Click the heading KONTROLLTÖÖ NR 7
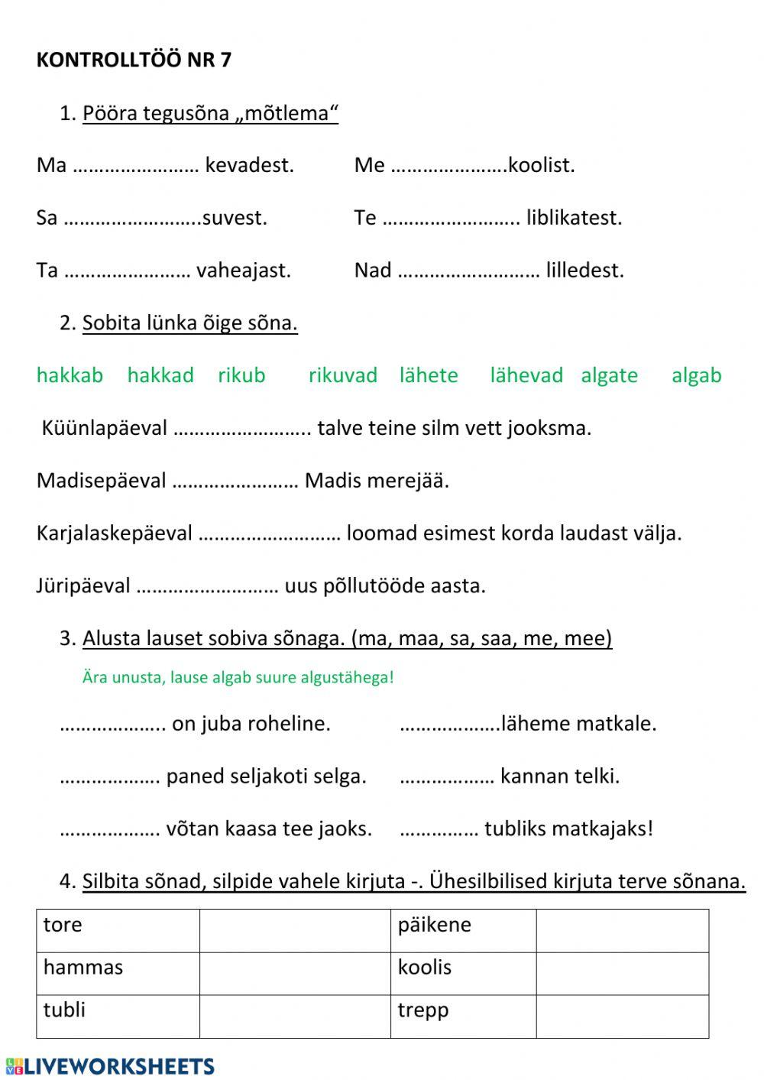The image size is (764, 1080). click(x=134, y=60)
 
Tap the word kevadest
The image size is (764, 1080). click(x=249, y=165)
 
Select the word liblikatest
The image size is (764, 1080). click(x=574, y=218)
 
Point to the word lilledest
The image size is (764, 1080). click(x=584, y=271)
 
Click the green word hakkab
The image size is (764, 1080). click(x=70, y=375)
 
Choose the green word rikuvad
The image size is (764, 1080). click(x=342, y=375)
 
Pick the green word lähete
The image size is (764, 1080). click(x=429, y=375)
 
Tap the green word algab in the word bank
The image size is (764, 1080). click(x=696, y=375)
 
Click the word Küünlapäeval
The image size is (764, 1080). click(x=105, y=428)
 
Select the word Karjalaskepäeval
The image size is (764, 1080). click(x=114, y=534)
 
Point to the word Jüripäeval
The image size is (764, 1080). click(x=83, y=586)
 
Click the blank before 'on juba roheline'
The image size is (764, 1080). click(x=112, y=725)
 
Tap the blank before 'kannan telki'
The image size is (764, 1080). click(x=447, y=777)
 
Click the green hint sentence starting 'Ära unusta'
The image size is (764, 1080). click(x=238, y=677)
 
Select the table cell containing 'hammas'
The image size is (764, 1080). click(x=118, y=973)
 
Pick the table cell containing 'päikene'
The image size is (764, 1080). click(x=463, y=930)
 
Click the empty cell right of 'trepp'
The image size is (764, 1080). click(x=622, y=1016)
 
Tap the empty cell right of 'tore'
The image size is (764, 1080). click(x=295, y=930)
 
